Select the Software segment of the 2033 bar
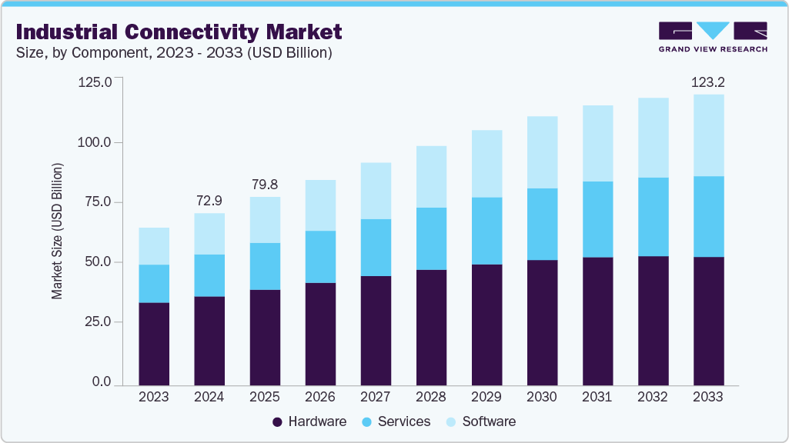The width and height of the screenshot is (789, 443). click(x=708, y=135)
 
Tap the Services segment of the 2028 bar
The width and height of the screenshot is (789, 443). click(x=431, y=238)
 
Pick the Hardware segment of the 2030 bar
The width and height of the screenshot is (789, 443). click(x=542, y=322)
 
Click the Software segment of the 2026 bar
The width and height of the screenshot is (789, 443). click(x=320, y=205)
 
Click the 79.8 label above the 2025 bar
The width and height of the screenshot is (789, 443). click(x=265, y=184)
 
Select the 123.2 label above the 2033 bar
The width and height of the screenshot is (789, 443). click(x=708, y=81)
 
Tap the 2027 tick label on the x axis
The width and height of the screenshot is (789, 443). click(x=376, y=398)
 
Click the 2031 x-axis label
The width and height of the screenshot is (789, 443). click(x=597, y=398)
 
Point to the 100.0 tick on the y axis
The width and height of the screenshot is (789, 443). click(x=95, y=142)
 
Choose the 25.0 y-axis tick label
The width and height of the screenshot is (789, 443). click(x=99, y=321)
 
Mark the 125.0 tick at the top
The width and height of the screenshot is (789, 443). click(x=95, y=82)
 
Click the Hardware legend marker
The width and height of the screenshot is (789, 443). click(x=278, y=422)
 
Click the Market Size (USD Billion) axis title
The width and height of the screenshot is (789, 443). click(x=58, y=231)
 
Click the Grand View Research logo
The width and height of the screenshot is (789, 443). click(x=712, y=36)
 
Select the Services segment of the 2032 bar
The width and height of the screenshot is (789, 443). click(x=653, y=217)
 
